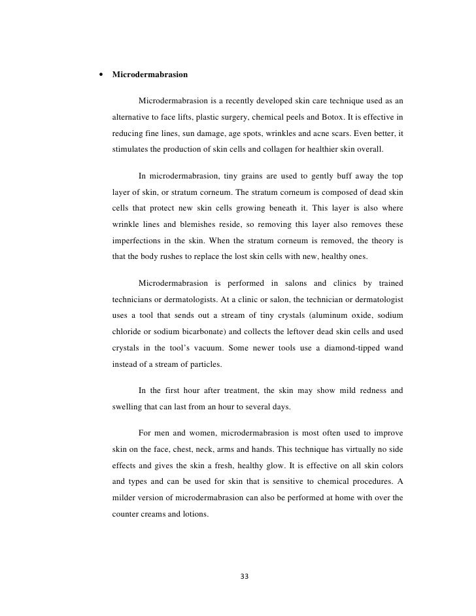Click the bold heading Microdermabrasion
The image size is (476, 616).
tap(150, 75)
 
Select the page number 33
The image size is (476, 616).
tap(245, 576)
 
